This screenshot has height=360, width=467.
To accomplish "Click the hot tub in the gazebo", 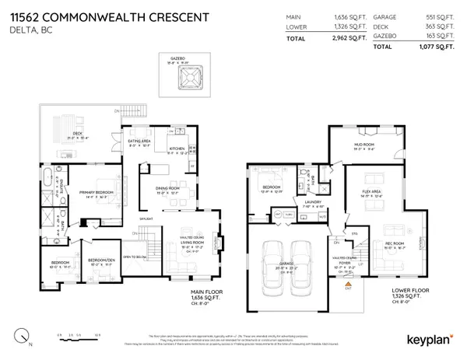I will pos(190,79).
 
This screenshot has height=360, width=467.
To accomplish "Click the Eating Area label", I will pos(141,142).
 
